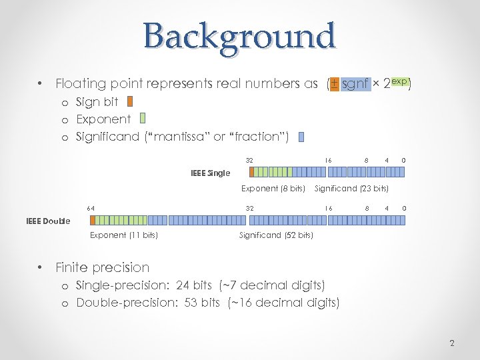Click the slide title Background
239,36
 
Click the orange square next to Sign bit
130,102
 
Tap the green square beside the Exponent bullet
143,119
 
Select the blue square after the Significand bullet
301,137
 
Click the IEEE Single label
210,173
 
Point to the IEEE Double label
48,221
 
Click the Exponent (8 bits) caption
273,189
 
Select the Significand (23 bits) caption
351,189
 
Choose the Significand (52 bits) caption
276,235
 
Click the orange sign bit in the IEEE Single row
251,173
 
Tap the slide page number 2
452,343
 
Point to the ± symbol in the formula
334,84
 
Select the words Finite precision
103,267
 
